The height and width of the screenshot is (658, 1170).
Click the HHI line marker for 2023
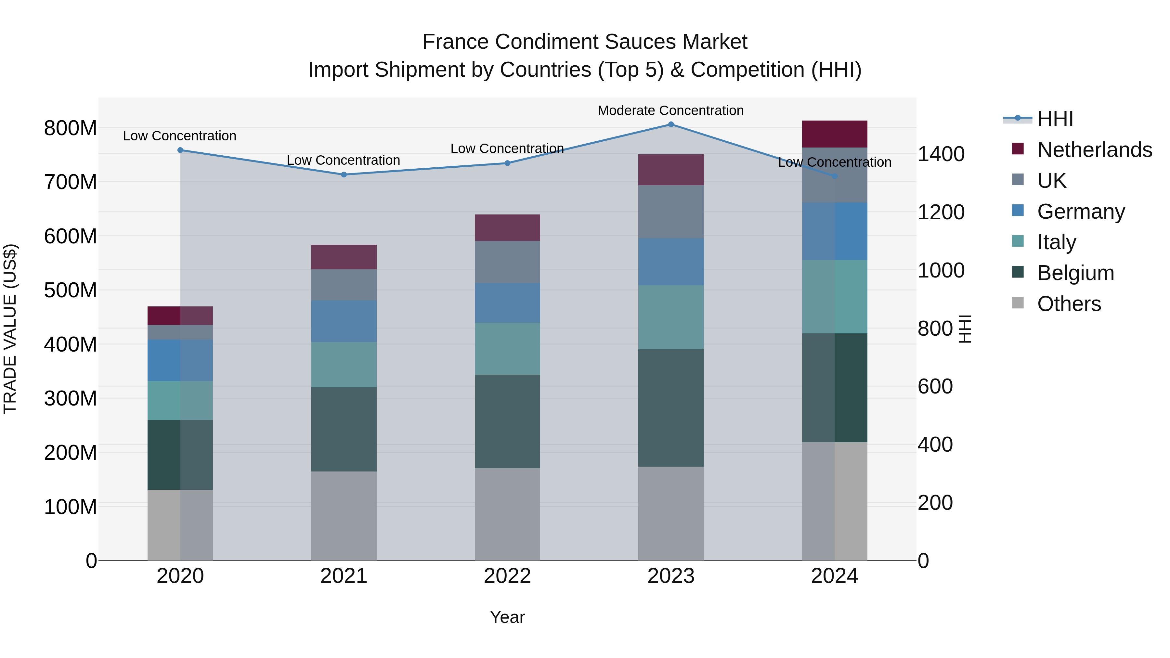[671, 124]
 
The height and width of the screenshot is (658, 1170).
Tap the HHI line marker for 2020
[180, 150]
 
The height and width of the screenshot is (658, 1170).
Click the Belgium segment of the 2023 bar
[671, 408]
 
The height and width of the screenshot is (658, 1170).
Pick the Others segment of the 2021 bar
[344, 516]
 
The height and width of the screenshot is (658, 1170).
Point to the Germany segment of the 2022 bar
[507, 303]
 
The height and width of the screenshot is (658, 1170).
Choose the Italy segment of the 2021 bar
[344, 365]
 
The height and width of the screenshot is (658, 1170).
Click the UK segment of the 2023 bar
[671, 212]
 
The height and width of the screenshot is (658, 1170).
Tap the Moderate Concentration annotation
[670, 111]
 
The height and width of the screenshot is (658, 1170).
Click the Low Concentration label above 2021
[344, 160]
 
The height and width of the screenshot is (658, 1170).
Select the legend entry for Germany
[1081, 212]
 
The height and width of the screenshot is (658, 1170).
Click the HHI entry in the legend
[1055, 119]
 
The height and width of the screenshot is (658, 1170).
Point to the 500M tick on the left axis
[71, 290]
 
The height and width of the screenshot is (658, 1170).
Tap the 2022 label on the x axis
[507, 576]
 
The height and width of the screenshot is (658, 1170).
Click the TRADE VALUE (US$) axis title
[10, 329]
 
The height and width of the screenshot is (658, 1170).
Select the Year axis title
[507, 617]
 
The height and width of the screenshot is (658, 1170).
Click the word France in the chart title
[456, 42]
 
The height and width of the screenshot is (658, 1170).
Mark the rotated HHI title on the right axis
[965, 329]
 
